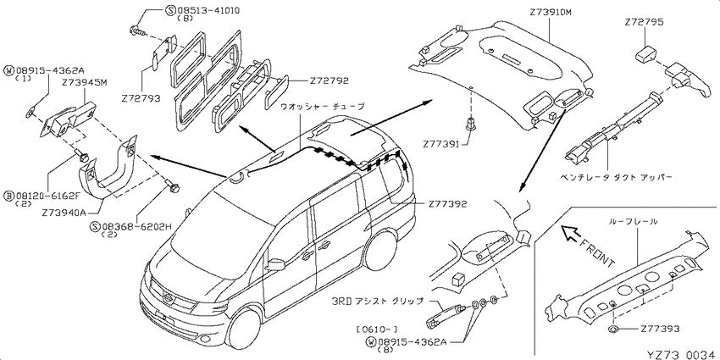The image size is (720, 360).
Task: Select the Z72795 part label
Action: pos(645,21)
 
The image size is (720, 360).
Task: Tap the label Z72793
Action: pos(141,97)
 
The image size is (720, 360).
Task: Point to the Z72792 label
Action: pos(330,80)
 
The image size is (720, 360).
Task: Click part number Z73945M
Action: pos(85,82)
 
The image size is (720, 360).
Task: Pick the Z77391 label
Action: pos(441,144)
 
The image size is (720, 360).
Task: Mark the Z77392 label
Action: pos(448,204)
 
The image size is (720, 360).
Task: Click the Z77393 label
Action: pos(661,329)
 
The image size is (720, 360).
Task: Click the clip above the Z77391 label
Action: pos(470,124)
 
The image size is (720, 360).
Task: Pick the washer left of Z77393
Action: pos(613,329)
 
